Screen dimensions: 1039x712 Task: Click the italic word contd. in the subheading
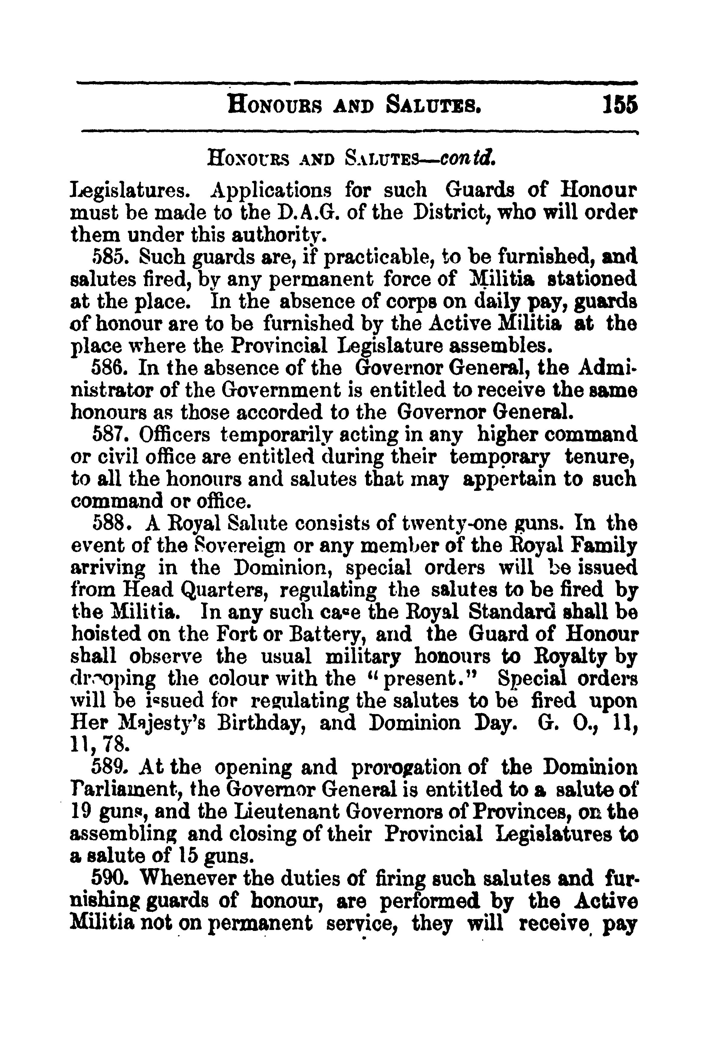[467, 157]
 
